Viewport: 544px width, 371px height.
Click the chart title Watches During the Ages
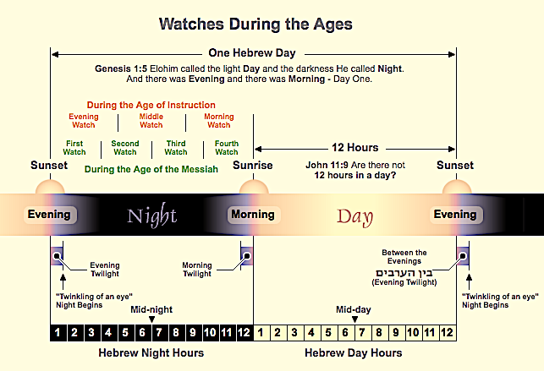[x=256, y=25]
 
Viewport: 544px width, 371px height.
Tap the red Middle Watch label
[x=151, y=121]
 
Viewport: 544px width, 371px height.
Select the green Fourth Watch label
[x=227, y=148]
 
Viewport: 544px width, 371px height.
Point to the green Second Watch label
[x=125, y=148]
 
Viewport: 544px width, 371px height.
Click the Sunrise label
[x=253, y=166]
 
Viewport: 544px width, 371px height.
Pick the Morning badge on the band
[x=253, y=215]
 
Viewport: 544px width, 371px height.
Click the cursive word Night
[x=152, y=216]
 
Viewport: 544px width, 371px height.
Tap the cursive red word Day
[x=355, y=217]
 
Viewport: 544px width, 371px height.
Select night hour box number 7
[x=159, y=333]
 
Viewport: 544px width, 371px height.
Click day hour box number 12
[x=448, y=333]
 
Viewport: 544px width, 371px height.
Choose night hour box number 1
[x=58, y=333]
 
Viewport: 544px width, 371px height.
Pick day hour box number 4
[x=311, y=333]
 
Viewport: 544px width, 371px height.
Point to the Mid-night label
[x=151, y=309]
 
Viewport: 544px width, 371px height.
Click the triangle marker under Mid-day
[x=354, y=319]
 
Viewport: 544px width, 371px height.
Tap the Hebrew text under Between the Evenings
[x=404, y=273]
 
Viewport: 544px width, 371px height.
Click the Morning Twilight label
[x=197, y=270]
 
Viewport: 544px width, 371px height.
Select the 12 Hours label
[x=355, y=148]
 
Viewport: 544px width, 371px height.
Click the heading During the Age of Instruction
[x=151, y=105]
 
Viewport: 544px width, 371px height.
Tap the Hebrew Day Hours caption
[x=354, y=352]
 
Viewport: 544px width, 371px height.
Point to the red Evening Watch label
[x=84, y=121]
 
